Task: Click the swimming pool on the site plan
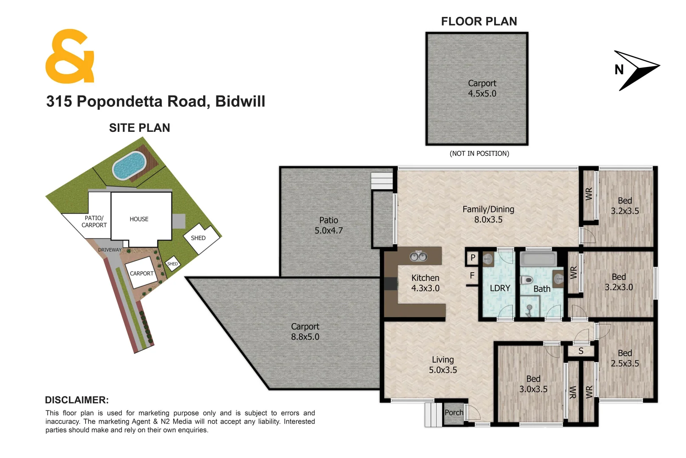[x=129, y=165]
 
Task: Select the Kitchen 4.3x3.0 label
[x=425, y=283]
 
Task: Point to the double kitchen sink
[x=418, y=257]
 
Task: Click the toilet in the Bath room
[x=527, y=279]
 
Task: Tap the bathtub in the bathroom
[x=538, y=259]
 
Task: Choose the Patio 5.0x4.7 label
[x=329, y=225]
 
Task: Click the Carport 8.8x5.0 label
[x=305, y=332]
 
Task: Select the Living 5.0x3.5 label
[x=443, y=365]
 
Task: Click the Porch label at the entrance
[x=454, y=412]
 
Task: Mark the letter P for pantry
[x=473, y=257]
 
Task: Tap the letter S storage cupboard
[x=581, y=351]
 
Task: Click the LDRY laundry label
[x=500, y=288]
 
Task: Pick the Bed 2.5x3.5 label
[x=625, y=358]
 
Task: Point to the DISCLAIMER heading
[x=77, y=400]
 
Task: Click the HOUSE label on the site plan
[x=139, y=219]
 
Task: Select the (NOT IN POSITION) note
[x=479, y=154]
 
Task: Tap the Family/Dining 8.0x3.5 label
[x=488, y=214]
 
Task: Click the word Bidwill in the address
[x=240, y=101]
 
